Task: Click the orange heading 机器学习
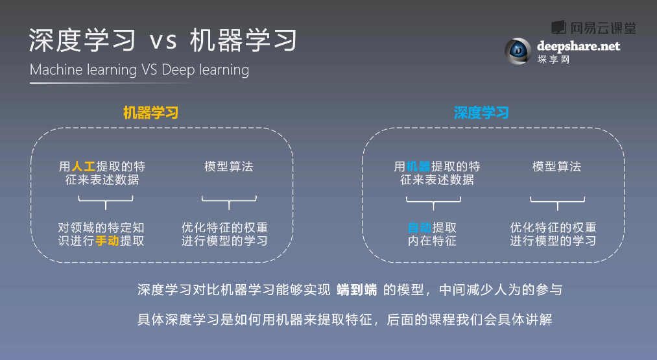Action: pos(151,113)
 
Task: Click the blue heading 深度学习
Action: pos(481,113)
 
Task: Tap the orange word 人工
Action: pos(84,167)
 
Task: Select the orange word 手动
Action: pos(107,241)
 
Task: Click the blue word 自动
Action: pos(420,228)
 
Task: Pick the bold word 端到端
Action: pos(357,289)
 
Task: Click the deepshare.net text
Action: pos(579,45)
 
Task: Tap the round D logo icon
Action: pos(518,51)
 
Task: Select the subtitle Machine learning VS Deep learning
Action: pos(139,69)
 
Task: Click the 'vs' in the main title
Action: pos(163,41)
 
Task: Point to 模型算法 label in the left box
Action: pos(229,167)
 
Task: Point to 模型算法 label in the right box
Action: pos(557,167)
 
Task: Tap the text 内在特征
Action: pos(432,241)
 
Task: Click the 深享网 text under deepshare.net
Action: pos(553,59)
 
